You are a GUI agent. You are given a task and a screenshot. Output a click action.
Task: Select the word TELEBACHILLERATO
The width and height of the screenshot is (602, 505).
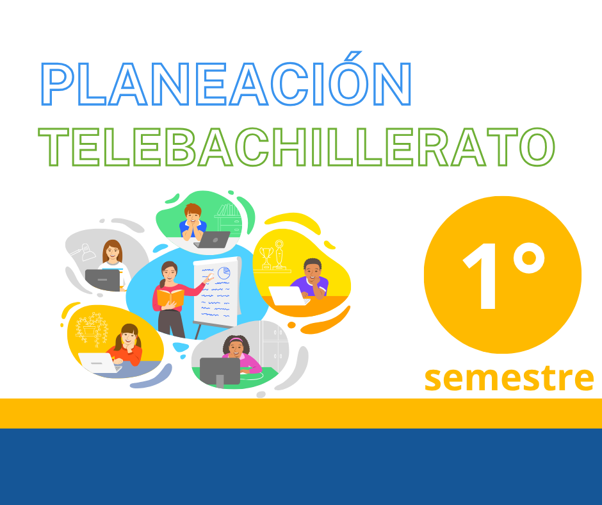(x=296, y=147)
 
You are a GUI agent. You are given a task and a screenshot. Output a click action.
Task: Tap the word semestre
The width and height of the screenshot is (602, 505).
(x=508, y=377)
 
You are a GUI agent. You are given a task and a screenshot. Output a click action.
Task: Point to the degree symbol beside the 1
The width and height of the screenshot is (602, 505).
(x=529, y=259)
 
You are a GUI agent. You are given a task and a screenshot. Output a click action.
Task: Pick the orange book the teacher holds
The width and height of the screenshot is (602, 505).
(x=170, y=297)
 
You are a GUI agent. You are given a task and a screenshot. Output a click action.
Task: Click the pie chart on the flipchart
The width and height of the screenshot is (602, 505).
(x=224, y=272)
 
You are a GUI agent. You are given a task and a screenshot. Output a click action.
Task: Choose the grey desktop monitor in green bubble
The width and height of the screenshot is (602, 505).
(x=220, y=371)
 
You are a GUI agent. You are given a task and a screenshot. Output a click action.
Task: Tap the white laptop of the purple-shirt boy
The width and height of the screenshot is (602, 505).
(x=286, y=296)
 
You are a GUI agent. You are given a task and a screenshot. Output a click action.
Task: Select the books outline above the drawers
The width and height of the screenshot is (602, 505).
(x=228, y=210)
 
